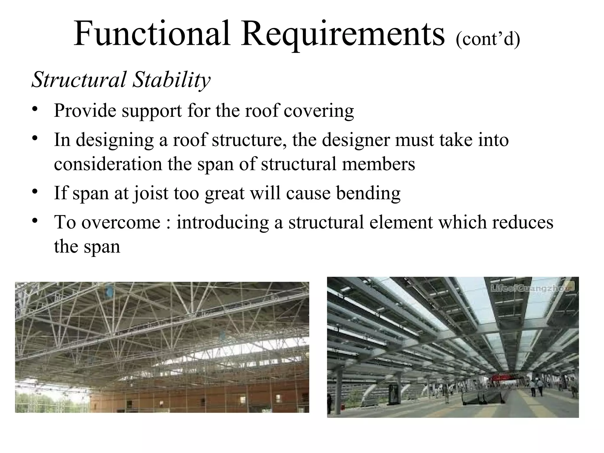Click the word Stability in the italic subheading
tap(171, 80)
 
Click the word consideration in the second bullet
tap(108, 164)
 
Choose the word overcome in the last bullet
tap(121, 222)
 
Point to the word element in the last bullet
tap(401, 222)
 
